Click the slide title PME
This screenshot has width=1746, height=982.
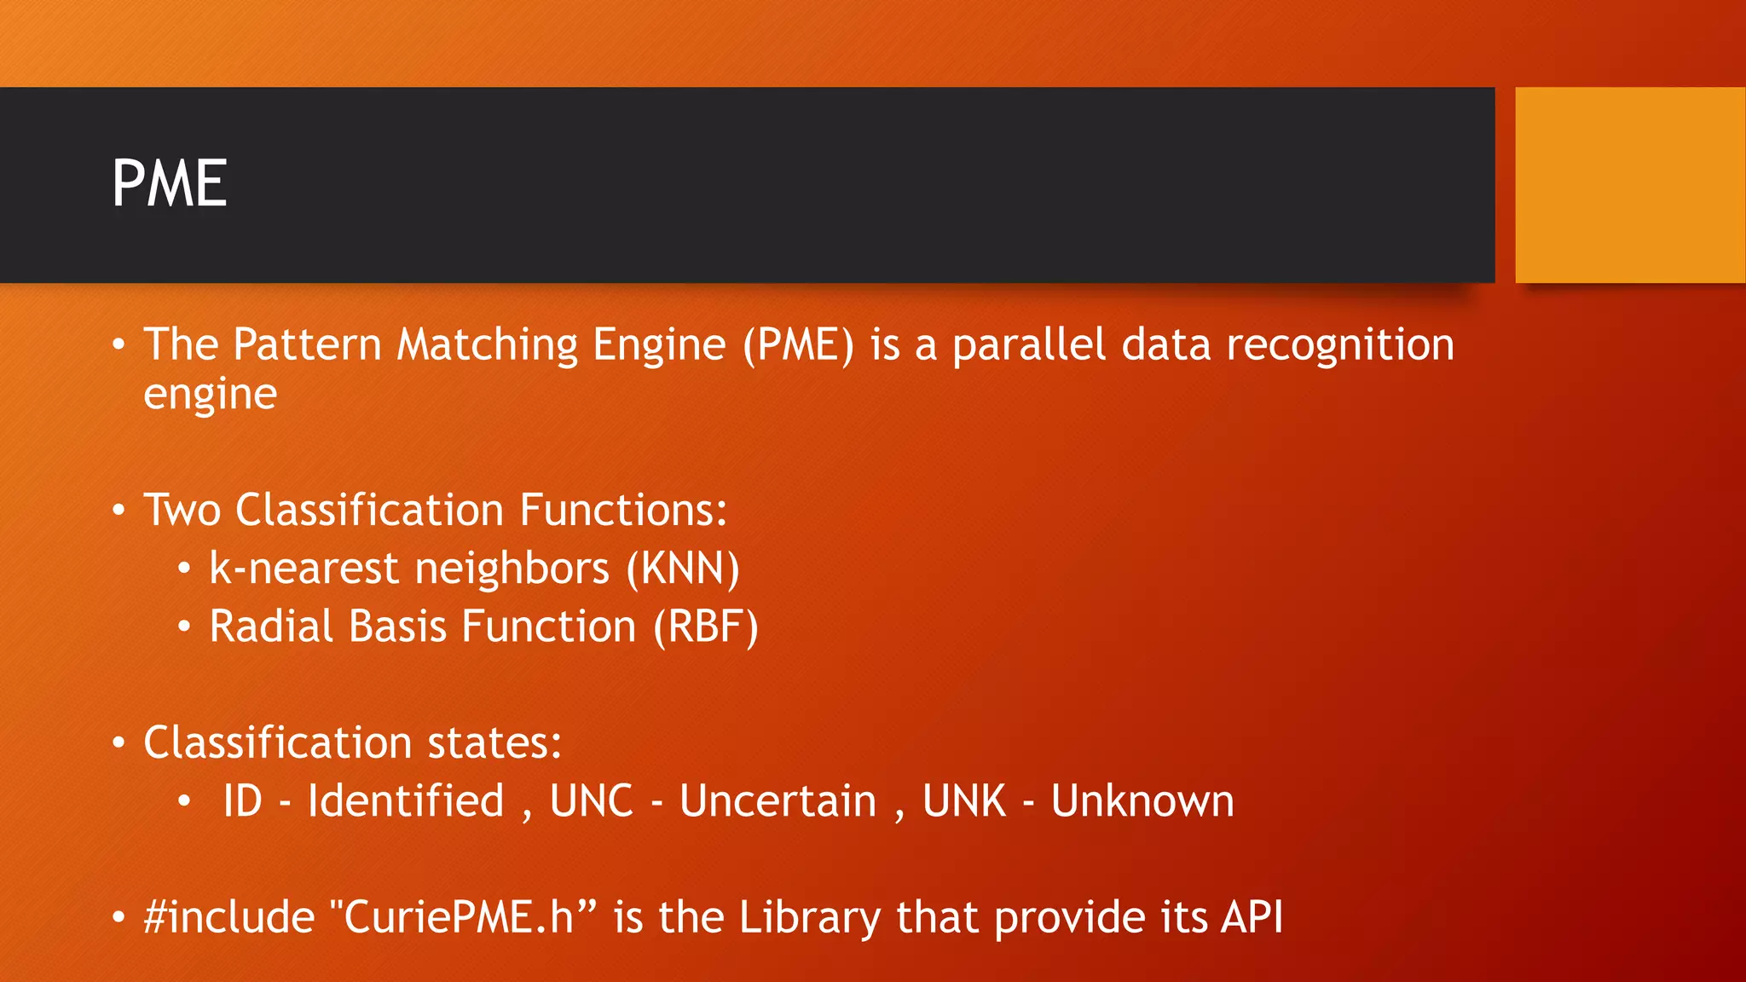[x=170, y=184]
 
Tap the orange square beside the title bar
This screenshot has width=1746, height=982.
[x=1630, y=185]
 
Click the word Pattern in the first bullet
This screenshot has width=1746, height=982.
[x=307, y=345]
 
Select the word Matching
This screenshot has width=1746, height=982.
[x=488, y=345]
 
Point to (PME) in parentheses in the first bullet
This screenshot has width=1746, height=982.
[x=798, y=345]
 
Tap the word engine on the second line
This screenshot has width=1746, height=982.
[x=210, y=395]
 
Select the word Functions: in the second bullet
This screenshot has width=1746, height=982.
[x=623, y=510]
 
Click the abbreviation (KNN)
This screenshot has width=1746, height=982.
[x=683, y=569]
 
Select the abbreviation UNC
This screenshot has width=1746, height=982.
[x=592, y=801]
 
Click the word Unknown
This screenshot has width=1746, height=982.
[x=1142, y=801]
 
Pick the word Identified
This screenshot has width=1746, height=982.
[x=406, y=801]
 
